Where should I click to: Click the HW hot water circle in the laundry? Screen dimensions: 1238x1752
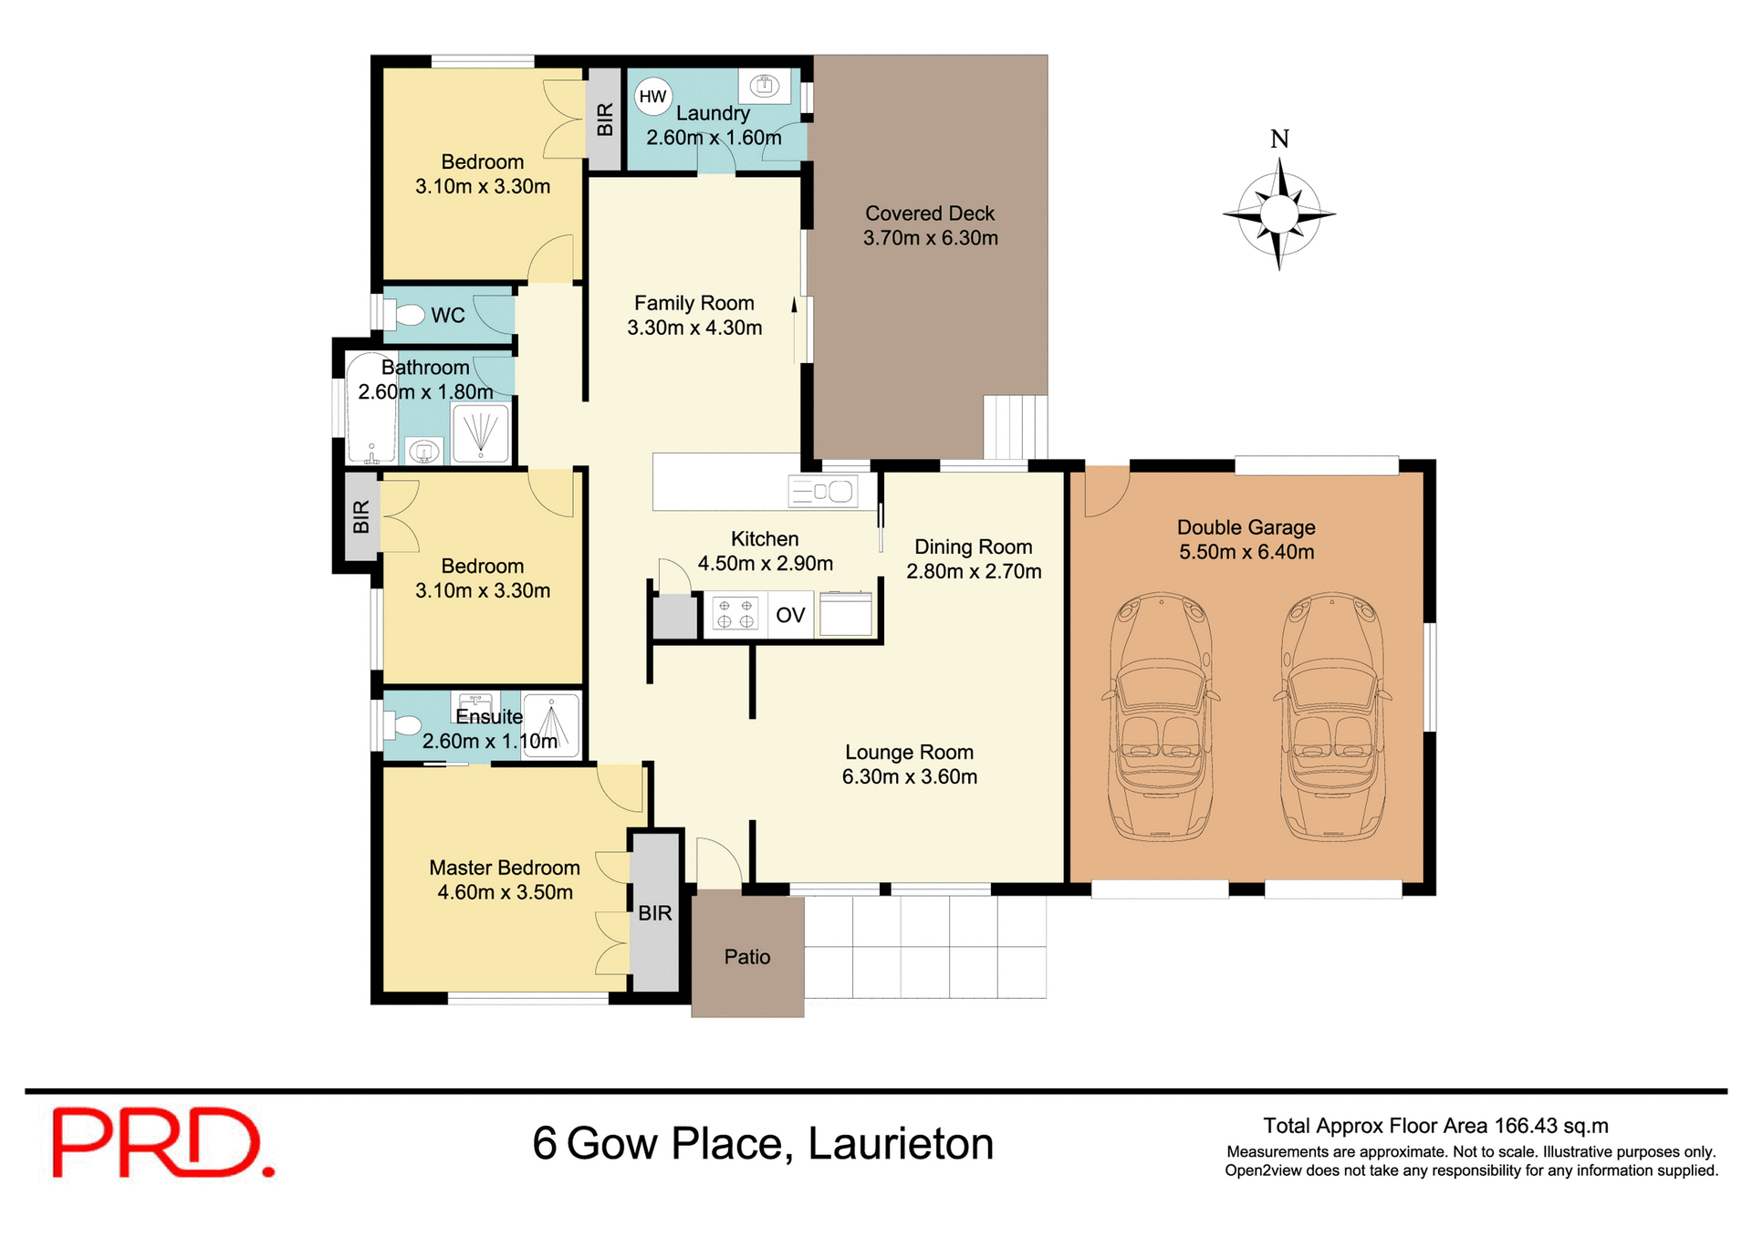[x=652, y=97]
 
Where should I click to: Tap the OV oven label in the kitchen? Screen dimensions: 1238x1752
[x=790, y=615]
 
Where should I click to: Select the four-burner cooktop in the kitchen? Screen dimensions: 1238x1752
[x=735, y=614]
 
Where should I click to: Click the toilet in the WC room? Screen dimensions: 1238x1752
[x=407, y=315]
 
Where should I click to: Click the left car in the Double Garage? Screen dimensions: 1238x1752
[x=1161, y=717]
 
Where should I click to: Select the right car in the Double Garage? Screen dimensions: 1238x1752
[x=1332, y=717]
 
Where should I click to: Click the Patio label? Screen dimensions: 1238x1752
[x=747, y=957]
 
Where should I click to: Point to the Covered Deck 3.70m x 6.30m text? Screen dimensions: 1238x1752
[x=930, y=225]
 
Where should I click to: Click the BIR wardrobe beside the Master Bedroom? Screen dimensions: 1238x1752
[x=654, y=912]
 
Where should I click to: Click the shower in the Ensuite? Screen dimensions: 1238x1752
[x=552, y=725]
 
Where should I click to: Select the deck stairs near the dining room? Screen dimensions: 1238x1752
[x=1015, y=427]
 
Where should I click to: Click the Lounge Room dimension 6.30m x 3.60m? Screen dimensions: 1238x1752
[x=909, y=776]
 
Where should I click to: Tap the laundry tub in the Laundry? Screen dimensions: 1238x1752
[x=765, y=87]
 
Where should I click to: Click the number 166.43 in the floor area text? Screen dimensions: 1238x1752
[x=1526, y=1126]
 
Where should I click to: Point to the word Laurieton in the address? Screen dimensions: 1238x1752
[x=901, y=1143]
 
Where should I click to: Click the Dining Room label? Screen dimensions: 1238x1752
[x=973, y=546]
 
